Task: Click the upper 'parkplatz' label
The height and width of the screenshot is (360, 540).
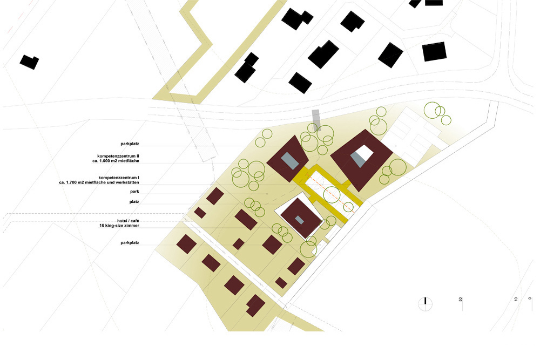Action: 130,144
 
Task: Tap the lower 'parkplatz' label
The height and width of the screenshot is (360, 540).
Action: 130,243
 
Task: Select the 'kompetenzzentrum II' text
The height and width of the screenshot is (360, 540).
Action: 118,157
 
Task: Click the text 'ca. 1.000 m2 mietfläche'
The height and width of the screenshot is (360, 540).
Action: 116,161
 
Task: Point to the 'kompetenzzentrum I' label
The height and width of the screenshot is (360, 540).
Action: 119,178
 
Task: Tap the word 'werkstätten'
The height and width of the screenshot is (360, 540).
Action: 127,182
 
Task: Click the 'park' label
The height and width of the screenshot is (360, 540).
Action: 134,192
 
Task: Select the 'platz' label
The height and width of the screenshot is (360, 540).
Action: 134,202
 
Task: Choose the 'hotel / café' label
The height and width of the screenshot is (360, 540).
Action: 128,221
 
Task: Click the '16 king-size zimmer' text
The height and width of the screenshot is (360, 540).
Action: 119,226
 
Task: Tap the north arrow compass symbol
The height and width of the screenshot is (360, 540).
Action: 426,303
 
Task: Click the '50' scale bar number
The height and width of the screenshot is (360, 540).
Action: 461,300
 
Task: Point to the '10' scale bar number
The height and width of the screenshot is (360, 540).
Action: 516,300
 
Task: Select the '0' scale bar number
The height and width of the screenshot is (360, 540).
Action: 530,298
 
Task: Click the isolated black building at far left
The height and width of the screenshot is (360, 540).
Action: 29,62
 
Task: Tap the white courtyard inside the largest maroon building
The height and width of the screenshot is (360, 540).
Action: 364,153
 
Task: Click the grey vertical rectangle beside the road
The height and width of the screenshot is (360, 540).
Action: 316,120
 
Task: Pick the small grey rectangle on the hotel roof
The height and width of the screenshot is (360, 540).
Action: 299,220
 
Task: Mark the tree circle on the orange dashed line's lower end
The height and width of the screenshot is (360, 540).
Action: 348,207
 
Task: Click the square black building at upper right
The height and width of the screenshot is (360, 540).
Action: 434,52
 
